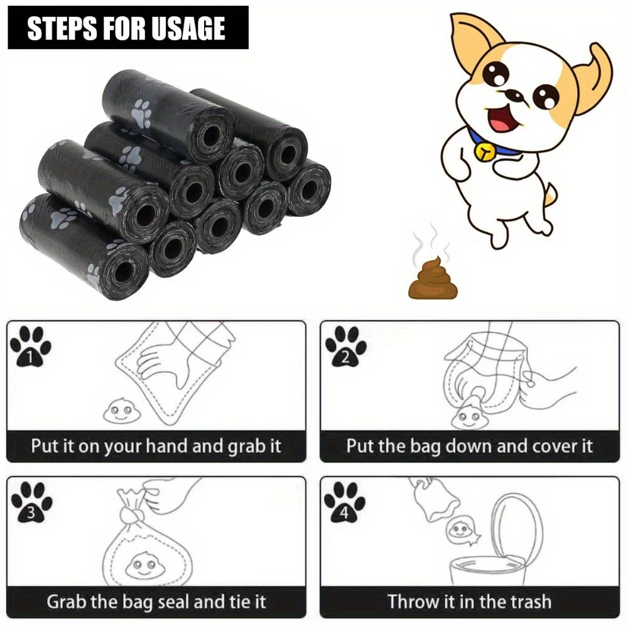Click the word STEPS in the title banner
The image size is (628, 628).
(60, 28)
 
